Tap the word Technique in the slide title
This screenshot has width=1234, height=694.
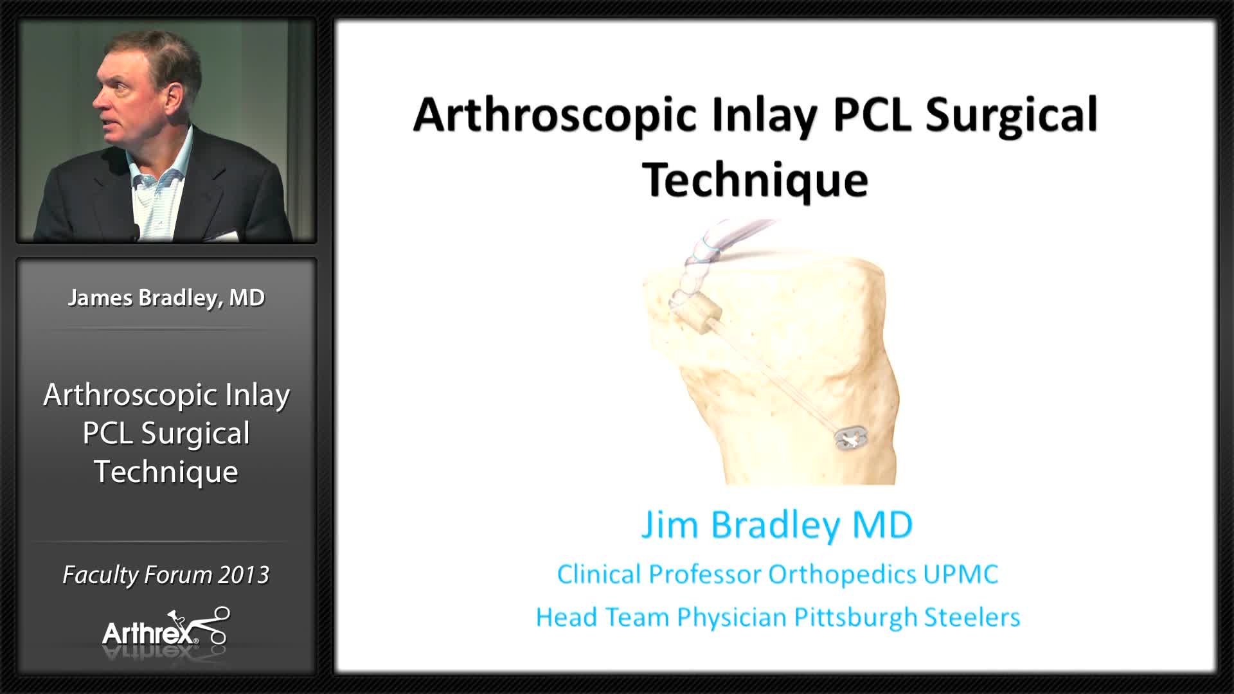[x=755, y=180]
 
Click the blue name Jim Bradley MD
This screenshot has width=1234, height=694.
[x=776, y=524]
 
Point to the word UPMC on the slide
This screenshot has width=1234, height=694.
[x=961, y=574]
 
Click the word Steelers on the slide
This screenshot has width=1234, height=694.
[x=972, y=618]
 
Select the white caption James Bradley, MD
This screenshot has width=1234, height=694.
[x=166, y=298]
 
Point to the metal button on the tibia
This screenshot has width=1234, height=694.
[x=851, y=439]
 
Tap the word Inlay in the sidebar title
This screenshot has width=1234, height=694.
[x=257, y=395]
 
